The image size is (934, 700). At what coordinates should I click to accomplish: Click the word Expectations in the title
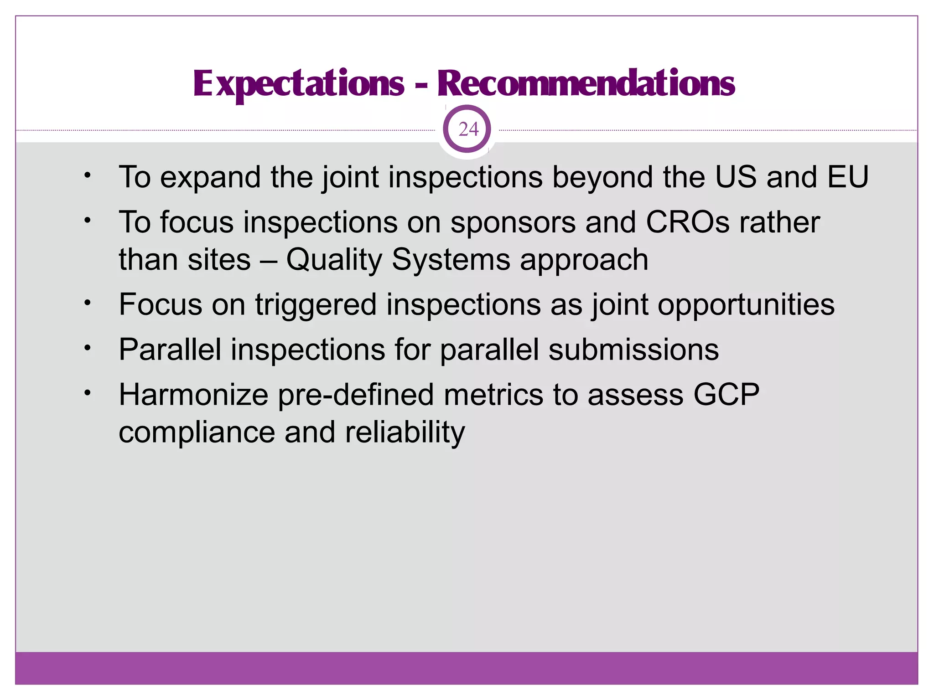(299, 84)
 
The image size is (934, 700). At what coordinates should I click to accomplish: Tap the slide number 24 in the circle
(468, 129)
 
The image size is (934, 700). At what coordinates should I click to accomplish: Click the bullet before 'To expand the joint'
(88, 175)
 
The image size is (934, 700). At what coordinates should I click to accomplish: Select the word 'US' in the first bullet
(735, 177)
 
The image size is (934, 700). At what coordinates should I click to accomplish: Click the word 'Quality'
(333, 261)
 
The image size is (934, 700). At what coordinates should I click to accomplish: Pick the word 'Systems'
(451, 261)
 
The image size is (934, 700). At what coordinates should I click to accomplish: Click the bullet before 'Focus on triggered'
(88, 303)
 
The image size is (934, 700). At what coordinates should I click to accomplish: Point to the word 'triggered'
(315, 305)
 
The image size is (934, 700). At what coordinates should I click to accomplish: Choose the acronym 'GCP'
(726, 395)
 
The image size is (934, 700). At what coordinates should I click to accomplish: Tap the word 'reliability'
(405, 432)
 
